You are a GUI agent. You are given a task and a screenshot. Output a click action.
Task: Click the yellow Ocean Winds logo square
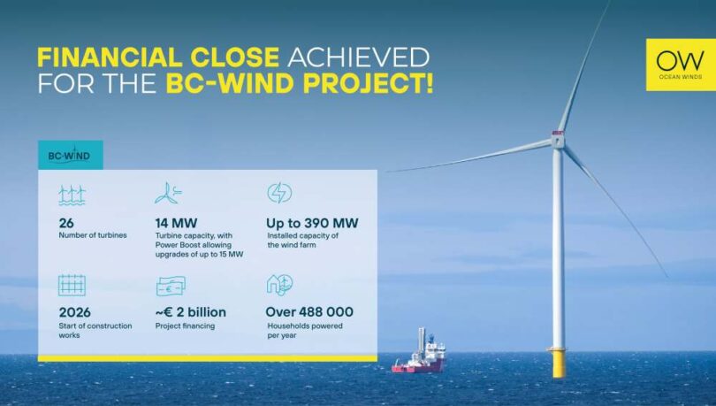680,65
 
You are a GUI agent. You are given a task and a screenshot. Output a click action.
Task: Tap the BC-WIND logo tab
70,155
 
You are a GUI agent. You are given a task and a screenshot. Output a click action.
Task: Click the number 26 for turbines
66,223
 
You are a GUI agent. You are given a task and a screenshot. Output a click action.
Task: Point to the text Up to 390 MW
312,223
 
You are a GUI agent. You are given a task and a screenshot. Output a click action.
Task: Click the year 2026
75,311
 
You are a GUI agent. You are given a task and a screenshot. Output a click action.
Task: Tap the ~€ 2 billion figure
190,311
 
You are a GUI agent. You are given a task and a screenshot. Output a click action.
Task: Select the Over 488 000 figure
309,311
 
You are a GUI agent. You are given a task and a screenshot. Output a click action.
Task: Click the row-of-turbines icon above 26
72,194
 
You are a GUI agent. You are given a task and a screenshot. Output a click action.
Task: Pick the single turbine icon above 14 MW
168,193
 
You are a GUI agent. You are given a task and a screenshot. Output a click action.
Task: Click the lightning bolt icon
279,193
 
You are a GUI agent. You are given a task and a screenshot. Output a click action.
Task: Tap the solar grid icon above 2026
72,285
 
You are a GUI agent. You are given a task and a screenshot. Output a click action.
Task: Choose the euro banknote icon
170,286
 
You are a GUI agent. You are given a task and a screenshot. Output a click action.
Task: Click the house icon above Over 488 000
278,285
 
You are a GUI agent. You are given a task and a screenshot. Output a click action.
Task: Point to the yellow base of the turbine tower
556,362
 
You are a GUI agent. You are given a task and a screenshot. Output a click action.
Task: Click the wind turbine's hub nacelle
558,139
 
